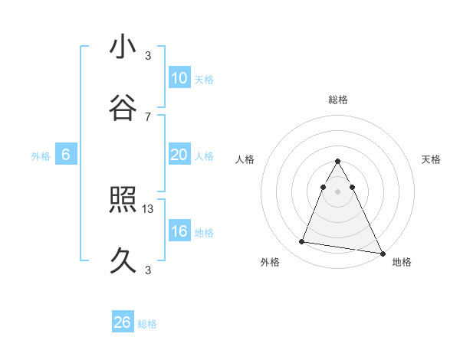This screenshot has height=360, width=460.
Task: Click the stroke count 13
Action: pyautogui.click(x=149, y=208)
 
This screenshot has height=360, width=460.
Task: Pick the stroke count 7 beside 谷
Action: pyautogui.click(x=148, y=116)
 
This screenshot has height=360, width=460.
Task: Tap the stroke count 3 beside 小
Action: pyautogui.click(x=148, y=55)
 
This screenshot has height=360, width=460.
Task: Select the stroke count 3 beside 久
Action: pyautogui.click(x=148, y=270)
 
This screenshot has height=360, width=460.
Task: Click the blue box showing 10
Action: pyautogui.click(x=179, y=78)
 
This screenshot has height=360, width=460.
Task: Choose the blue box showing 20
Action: pyautogui.click(x=179, y=155)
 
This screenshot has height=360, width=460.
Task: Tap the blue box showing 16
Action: pyautogui.click(x=179, y=231)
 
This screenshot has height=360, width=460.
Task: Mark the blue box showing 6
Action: pyautogui.click(x=66, y=155)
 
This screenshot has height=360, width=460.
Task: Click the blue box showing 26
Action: pyautogui.click(x=123, y=322)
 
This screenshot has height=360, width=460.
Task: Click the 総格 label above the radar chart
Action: pyautogui.click(x=338, y=100)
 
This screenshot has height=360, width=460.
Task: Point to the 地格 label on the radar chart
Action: pyautogui.click(x=402, y=262)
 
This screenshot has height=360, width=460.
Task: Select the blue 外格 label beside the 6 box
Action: pyautogui.click(x=41, y=156)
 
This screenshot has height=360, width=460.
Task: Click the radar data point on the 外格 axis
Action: pyautogui.click(x=301, y=242)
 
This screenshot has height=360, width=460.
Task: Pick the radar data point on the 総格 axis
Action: pyautogui.click(x=338, y=162)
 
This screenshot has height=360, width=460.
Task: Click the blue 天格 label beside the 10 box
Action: pyautogui.click(x=204, y=80)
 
